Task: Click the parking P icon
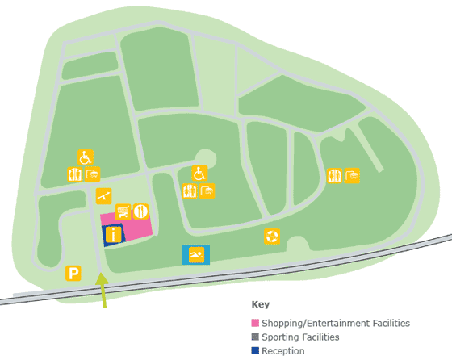pos(73,273)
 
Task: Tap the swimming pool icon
pos(196,255)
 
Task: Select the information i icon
pos(113,234)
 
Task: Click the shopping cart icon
pos(123,211)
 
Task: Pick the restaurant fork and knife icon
pos(141,211)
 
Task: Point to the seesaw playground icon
pos(103,195)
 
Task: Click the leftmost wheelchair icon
pos(85,157)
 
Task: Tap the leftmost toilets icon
pos(75,174)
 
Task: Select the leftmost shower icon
pos(93,174)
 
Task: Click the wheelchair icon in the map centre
pos(199,173)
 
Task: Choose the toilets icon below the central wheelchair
pos(190,191)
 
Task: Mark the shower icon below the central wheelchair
pos(207,191)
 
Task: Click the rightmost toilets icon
pos(334,176)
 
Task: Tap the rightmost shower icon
pos(352,176)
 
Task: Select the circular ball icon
pos(272,237)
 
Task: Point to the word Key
pos(260,306)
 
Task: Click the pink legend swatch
pos(255,323)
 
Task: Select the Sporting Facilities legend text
pos(300,337)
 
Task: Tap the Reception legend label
pos(283,350)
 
